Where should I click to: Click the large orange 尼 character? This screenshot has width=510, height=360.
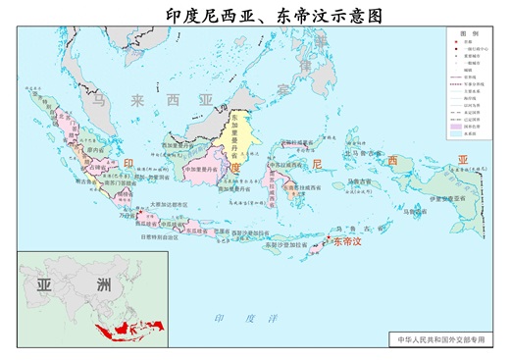click(x=316, y=163)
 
